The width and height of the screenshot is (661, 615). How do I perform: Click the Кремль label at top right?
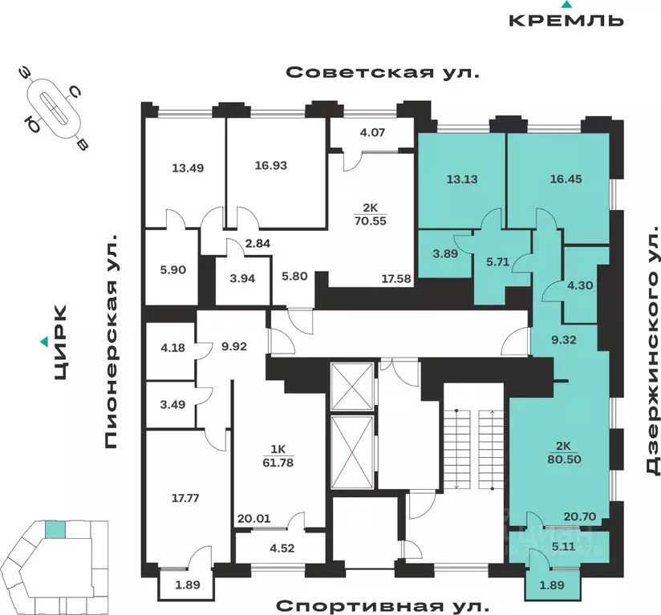tap(566, 20)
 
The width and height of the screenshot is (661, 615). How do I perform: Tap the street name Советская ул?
tap(382, 73)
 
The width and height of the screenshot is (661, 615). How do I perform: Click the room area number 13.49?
tap(186, 168)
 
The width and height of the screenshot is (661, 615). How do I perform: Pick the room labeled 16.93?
tap(270, 166)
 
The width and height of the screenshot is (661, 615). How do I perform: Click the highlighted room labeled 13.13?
tap(461, 179)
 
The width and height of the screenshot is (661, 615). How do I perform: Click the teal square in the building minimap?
tap(55, 529)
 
